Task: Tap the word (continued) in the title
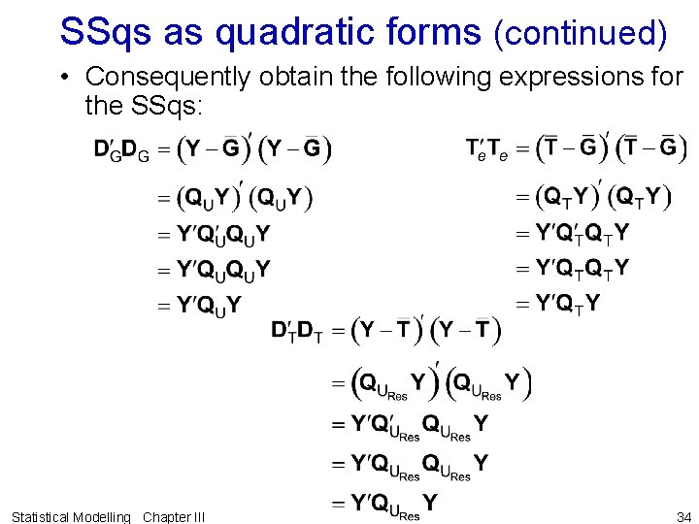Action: pyautogui.click(x=581, y=33)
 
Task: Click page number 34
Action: pyautogui.click(x=683, y=516)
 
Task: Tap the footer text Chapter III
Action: pyautogui.click(x=174, y=516)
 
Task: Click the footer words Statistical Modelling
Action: pyautogui.click(x=71, y=516)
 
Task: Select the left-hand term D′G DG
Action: pyautogui.click(x=121, y=149)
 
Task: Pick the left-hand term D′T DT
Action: pyautogui.click(x=297, y=332)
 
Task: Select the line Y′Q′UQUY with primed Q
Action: pyautogui.click(x=223, y=234)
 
